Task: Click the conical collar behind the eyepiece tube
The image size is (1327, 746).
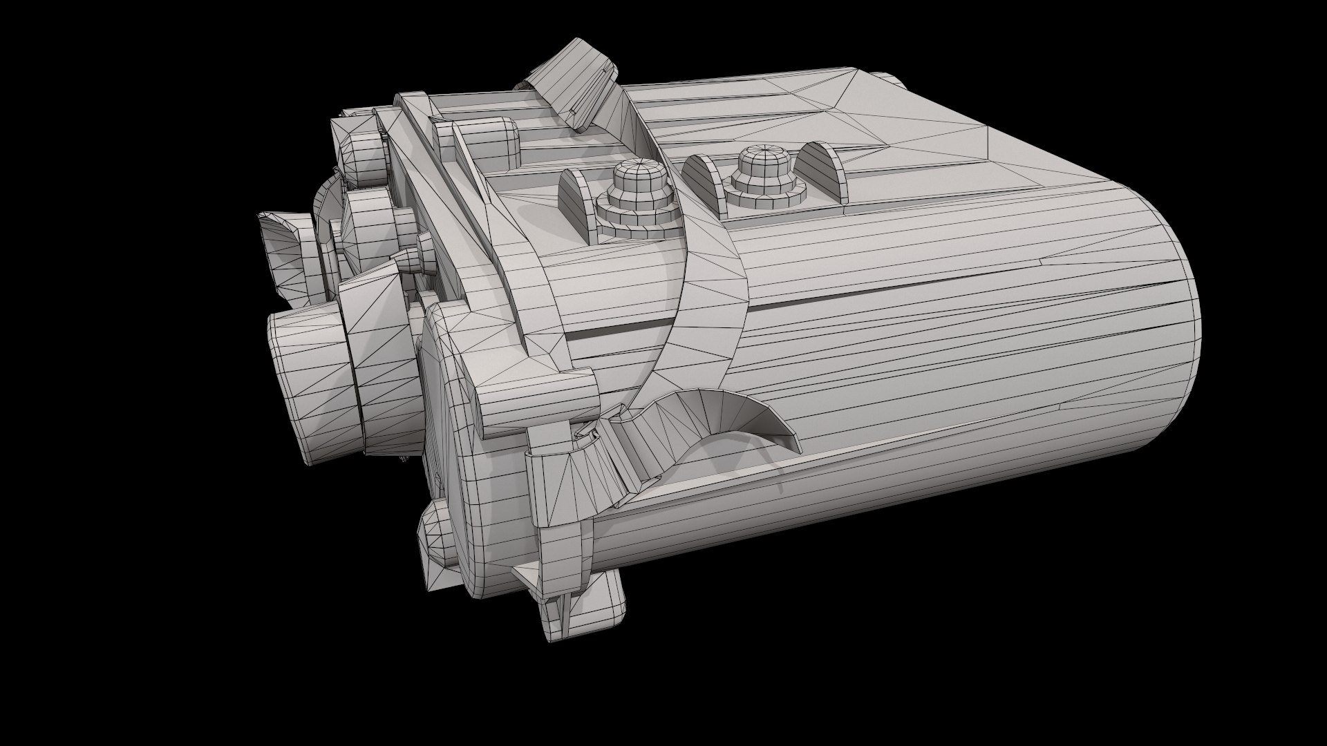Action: point(377,311)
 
